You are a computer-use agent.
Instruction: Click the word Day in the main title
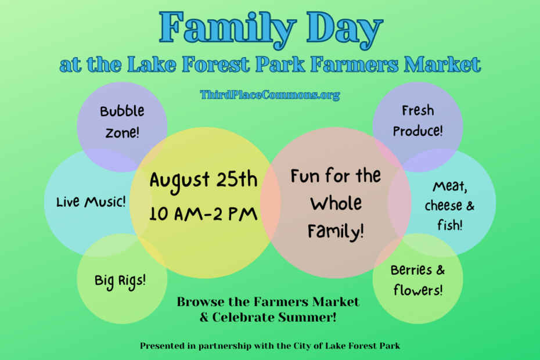[345, 29]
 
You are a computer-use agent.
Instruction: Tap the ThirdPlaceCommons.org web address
[269, 95]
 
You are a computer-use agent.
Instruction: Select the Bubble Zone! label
[122, 121]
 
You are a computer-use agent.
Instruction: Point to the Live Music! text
[91, 202]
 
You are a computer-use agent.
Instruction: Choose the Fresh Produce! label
[417, 121]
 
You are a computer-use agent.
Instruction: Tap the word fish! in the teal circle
[450, 225]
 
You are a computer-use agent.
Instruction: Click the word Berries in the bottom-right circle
[411, 270]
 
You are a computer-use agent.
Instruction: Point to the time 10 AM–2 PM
[203, 214]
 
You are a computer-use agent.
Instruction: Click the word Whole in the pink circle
[336, 203]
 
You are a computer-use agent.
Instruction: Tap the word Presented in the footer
[161, 346]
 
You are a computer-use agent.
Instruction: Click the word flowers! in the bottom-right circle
[417, 290]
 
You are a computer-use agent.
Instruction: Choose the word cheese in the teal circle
[444, 206]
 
